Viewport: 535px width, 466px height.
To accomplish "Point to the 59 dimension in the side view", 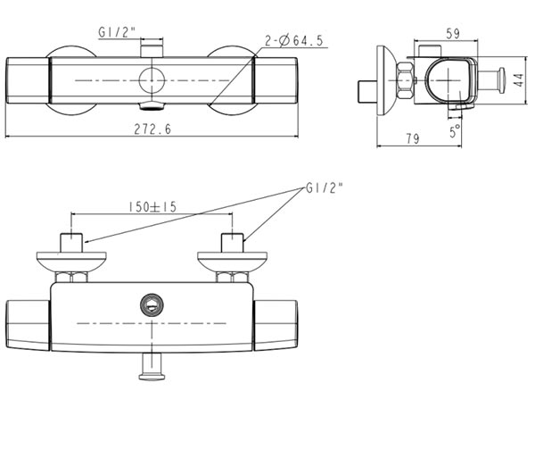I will click(x=452, y=34).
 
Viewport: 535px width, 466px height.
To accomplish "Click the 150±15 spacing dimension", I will click(x=152, y=206).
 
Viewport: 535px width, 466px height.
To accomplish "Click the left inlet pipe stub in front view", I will click(x=70, y=243).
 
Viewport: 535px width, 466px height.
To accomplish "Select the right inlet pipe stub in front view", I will click(x=232, y=243).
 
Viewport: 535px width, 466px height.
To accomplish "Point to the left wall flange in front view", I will click(x=70, y=261).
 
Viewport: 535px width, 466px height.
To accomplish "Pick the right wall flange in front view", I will click(x=232, y=261).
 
